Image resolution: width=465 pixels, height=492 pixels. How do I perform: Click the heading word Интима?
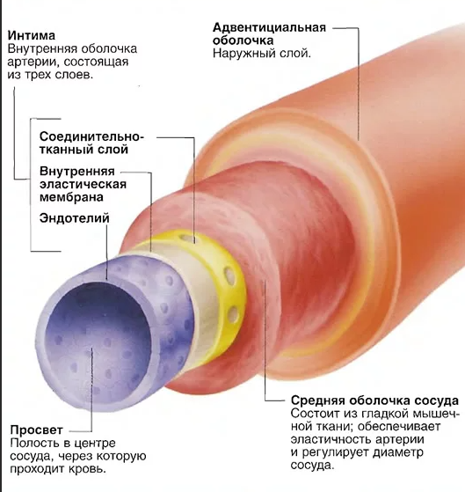[32, 35]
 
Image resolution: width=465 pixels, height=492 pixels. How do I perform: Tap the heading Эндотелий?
[75, 218]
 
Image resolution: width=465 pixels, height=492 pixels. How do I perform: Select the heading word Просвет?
[37, 430]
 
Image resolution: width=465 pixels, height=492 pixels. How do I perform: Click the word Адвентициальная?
[270, 27]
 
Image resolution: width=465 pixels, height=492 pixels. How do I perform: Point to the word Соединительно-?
[91, 137]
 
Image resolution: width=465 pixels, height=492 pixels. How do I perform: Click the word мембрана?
[71, 197]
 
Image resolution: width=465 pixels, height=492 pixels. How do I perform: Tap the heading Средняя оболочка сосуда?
[374, 400]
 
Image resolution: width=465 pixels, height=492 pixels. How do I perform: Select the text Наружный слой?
[262, 54]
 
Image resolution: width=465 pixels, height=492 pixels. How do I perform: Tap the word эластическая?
[83, 185]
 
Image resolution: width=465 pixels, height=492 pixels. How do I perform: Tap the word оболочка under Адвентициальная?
[243, 40]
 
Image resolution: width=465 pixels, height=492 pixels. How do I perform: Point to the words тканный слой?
[84, 150]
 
